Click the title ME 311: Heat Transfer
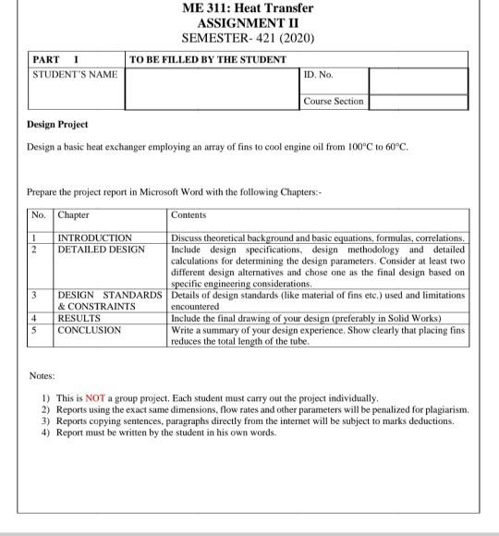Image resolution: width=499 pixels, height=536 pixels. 248,8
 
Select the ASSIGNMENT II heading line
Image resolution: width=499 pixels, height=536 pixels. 248,23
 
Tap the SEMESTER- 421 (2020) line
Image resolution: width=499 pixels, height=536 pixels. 248,38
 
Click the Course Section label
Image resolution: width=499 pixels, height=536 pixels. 334,101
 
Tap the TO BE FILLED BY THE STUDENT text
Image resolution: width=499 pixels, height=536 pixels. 208,59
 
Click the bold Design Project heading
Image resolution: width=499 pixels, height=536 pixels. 58,125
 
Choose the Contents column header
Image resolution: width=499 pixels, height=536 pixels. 190,215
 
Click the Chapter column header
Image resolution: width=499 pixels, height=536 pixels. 74,215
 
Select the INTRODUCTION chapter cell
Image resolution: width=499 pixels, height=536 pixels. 95,238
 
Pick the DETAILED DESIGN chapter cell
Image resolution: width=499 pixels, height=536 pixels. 101,249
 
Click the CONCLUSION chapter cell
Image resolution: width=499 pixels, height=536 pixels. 89,329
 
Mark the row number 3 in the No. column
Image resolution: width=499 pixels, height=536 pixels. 34,295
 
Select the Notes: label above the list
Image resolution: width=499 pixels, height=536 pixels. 42,376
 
